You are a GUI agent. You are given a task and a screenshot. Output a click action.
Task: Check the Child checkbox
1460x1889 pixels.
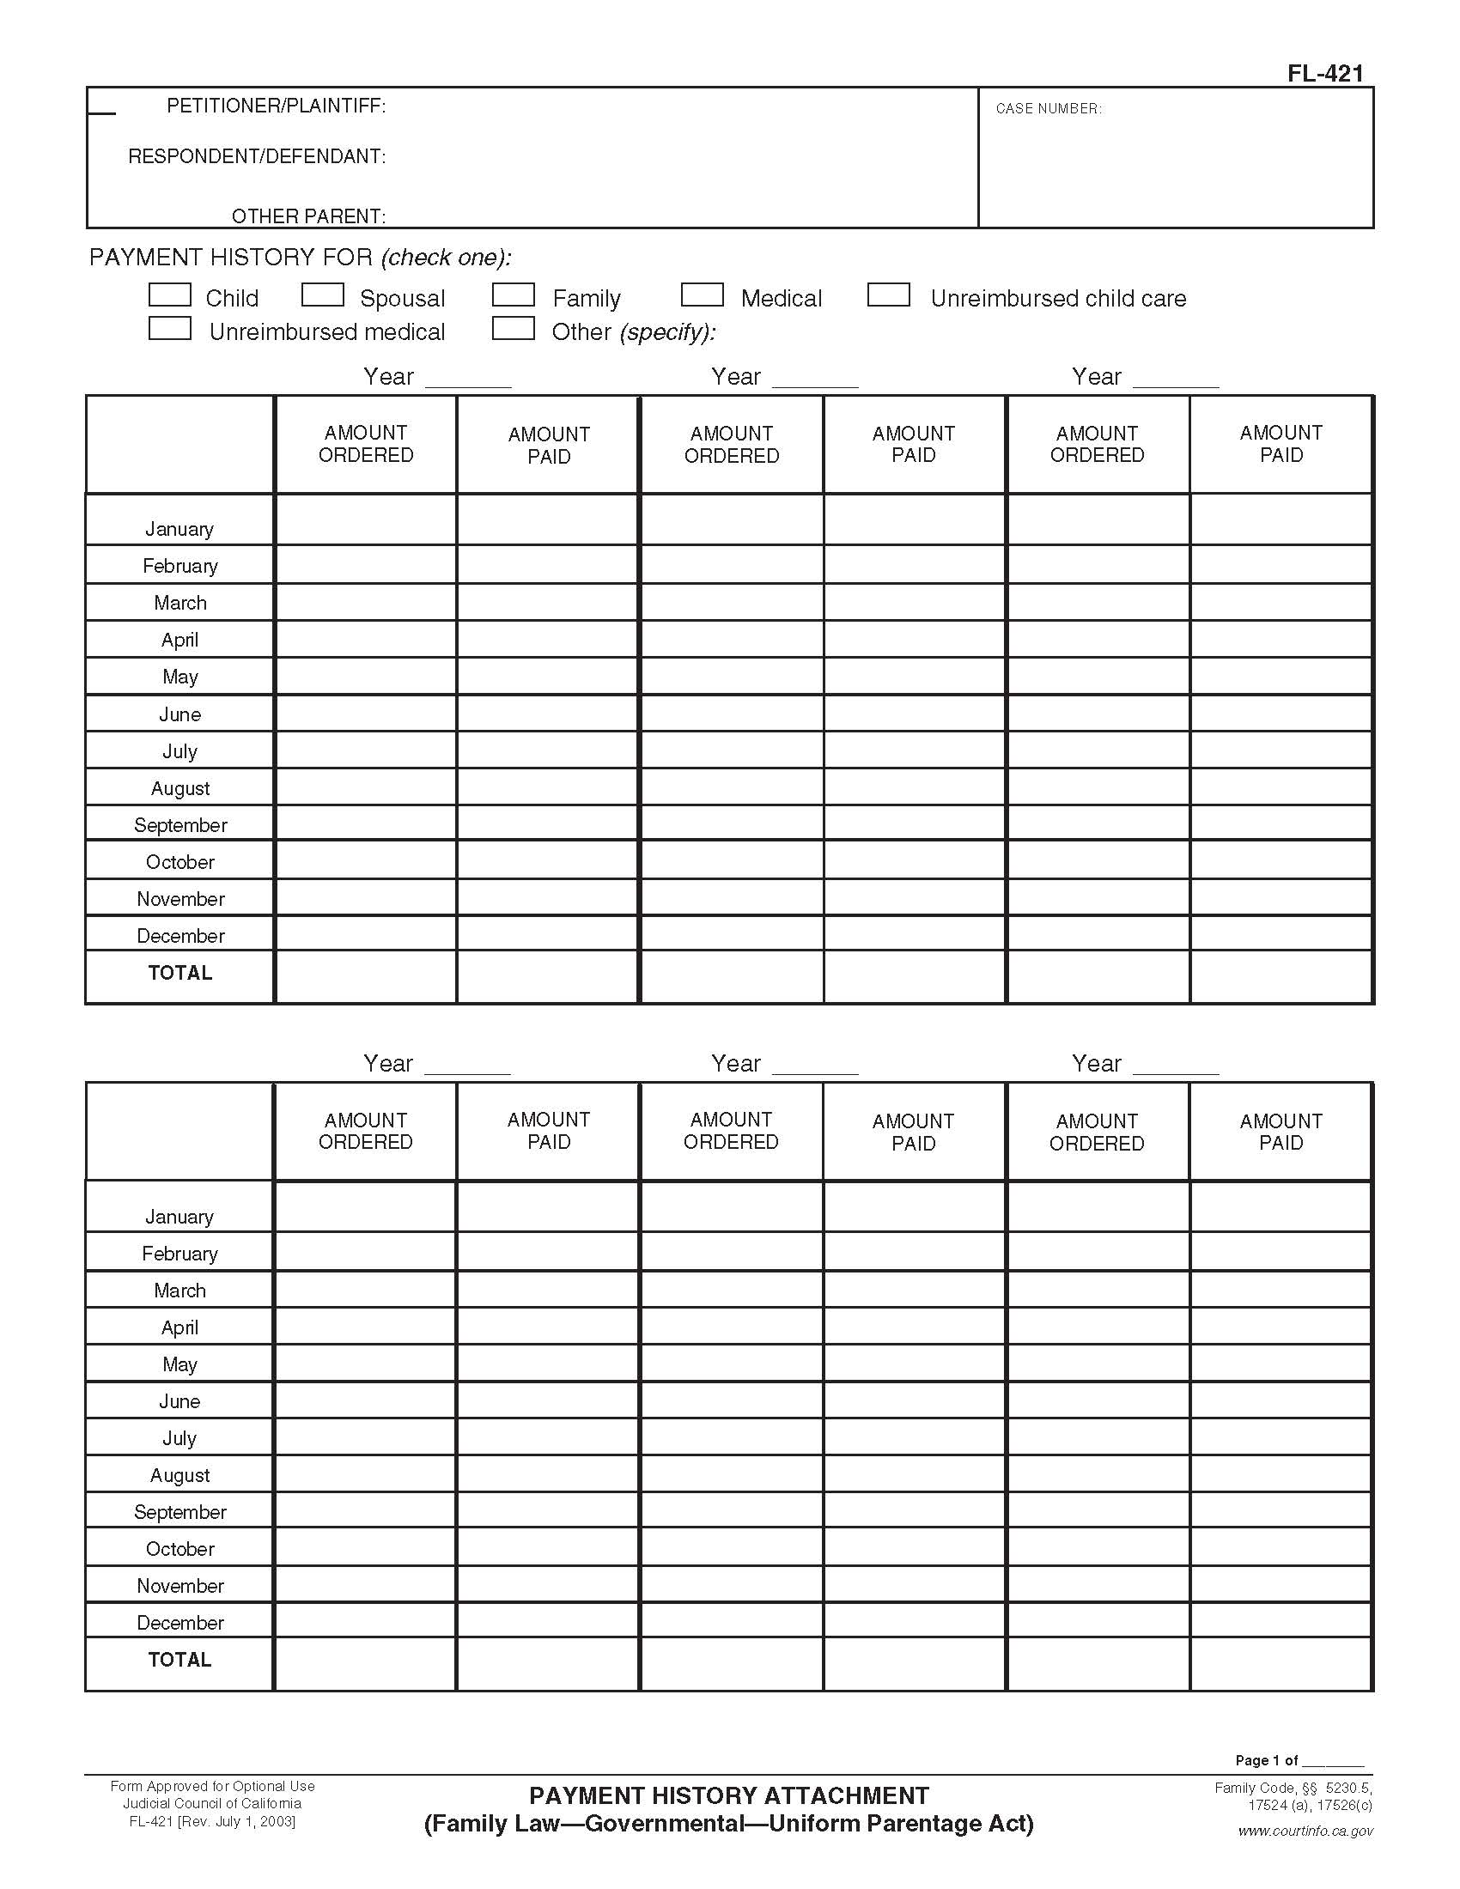coord(169,295)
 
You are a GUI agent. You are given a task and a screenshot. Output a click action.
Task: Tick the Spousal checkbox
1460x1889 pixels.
coord(323,295)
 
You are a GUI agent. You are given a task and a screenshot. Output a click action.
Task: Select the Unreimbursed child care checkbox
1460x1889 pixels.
coord(888,295)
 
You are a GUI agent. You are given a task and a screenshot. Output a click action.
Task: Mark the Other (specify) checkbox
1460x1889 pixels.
coord(513,329)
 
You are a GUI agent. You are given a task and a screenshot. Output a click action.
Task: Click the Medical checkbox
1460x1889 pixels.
coord(702,295)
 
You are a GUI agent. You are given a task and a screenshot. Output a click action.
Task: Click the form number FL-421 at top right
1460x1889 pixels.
coord(1324,74)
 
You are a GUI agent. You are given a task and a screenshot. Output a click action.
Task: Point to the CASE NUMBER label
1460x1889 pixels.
coord(1049,109)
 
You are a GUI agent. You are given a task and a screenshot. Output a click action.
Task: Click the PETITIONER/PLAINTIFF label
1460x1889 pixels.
coord(276,106)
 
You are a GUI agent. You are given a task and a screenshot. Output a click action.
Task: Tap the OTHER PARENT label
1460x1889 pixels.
coord(308,216)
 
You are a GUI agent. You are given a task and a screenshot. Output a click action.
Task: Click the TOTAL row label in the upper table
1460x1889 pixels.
coord(179,973)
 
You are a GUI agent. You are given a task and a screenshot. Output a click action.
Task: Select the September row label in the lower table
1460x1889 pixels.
coord(179,1512)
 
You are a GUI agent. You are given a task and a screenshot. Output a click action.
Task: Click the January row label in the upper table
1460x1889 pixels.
coord(179,528)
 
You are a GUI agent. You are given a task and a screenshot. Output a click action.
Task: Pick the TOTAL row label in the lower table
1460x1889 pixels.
coord(179,1660)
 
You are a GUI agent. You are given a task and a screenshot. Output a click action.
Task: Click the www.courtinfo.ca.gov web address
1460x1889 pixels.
coord(1305,1831)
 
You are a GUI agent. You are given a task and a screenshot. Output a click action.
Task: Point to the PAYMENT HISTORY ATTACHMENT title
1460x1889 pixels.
coord(728,1796)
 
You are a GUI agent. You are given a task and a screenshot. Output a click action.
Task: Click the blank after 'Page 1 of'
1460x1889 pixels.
coord(1333,1760)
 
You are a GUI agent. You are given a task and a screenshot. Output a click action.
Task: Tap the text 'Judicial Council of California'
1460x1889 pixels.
coord(212,1804)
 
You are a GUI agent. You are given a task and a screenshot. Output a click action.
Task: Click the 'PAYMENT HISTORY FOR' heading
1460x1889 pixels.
coord(231,258)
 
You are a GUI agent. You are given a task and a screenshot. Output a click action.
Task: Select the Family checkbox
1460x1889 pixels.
coord(513,295)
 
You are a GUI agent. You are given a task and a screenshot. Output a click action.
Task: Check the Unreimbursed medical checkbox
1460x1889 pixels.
coord(169,329)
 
